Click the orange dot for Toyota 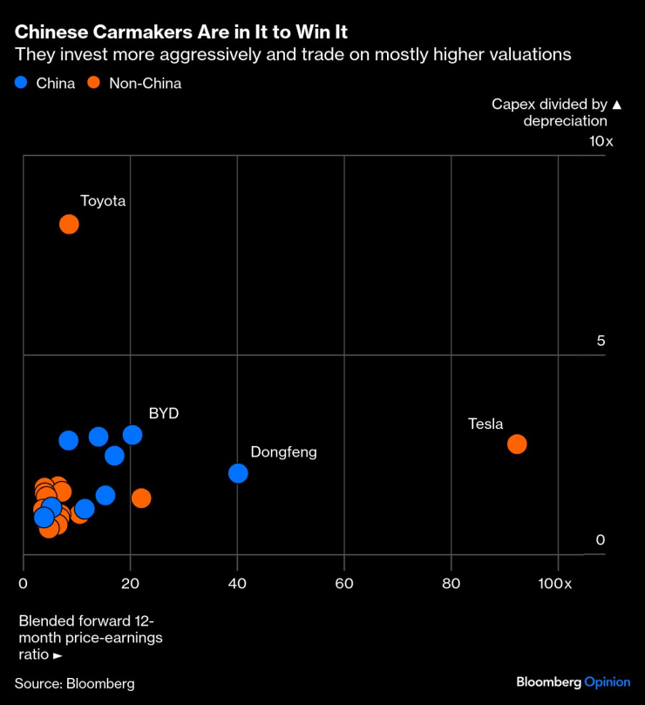(x=69, y=224)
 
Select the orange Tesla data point (x=517, y=444)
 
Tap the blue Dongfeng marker (x=238, y=473)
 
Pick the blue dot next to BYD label (x=132, y=435)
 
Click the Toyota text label (x=103, y=200)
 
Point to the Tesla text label (x=485, y=424)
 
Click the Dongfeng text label (x=283, y=452)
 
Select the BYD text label (x=164, y=413)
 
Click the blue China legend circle (x=22, y=84)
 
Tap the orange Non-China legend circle (x=94, y=84)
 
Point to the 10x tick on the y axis (x=601, y=141)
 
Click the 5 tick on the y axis (x=601, y=341)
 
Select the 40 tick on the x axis (x=237, y=583)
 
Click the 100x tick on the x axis (x=555, y=583)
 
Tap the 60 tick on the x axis (x=344, y=583)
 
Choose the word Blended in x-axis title (x=45, y=621)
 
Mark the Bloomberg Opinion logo (x=573, y=681)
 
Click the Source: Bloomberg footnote (x=75, y=683)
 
